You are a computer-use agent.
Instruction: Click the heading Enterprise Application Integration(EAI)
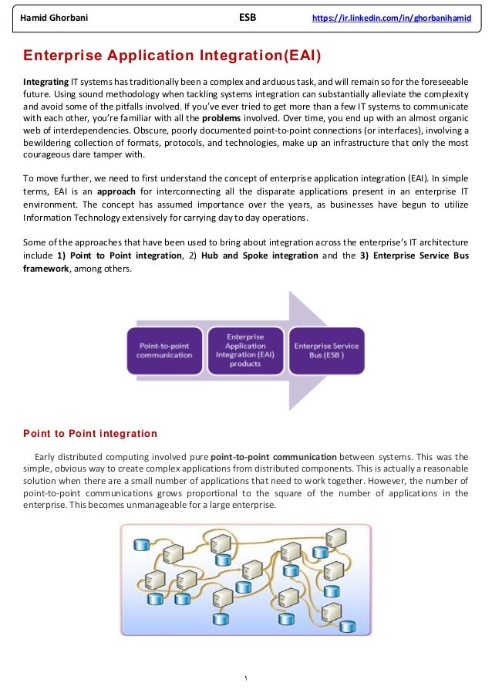click(x=172, y=56)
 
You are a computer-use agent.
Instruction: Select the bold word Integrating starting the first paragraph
click(x=45, y=81)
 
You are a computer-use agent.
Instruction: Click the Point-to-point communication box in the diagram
click(x=165, y=350)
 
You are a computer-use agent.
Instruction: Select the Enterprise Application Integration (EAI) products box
click(x=245, y=350)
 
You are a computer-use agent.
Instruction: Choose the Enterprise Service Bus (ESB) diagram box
click(x=326, y=350)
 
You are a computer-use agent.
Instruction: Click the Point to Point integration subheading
click(x=90, y=433)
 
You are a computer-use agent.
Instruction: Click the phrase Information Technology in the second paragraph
click(x=69, y=219)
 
